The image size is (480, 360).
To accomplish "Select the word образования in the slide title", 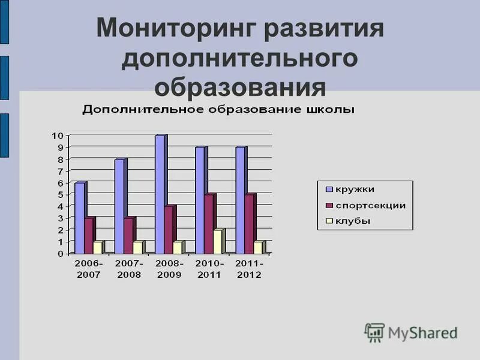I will [x=240, y=87].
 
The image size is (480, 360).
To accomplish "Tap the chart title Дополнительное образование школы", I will [x=218, y=110].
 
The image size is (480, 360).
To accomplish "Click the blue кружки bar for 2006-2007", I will [x=80, y=217].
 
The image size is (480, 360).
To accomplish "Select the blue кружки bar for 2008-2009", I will [x=160, y=194].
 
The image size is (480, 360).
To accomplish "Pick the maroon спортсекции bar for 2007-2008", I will [x=128, y=235].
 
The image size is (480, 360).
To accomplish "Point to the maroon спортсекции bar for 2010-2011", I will [x=209, y=223].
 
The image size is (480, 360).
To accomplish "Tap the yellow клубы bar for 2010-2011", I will [x=218, y=241].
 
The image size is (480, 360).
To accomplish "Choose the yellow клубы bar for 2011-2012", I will [x=259, y=247].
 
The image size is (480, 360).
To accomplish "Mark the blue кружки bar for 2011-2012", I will [x=241, y=200].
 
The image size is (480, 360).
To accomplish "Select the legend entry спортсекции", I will [x=370, y=205].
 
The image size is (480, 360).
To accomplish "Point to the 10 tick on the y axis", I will [x=57, y=136].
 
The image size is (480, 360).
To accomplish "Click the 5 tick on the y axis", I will [x=60, y=194].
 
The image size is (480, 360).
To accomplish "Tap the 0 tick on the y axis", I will [x=60, y=253].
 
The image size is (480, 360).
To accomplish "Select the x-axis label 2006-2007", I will [x=89, y=269].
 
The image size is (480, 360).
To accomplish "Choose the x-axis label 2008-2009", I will [x=169, y=269].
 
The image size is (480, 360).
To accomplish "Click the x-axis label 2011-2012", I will [x=249, y=269].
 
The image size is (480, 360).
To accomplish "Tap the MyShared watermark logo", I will [x=412, y=332].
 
